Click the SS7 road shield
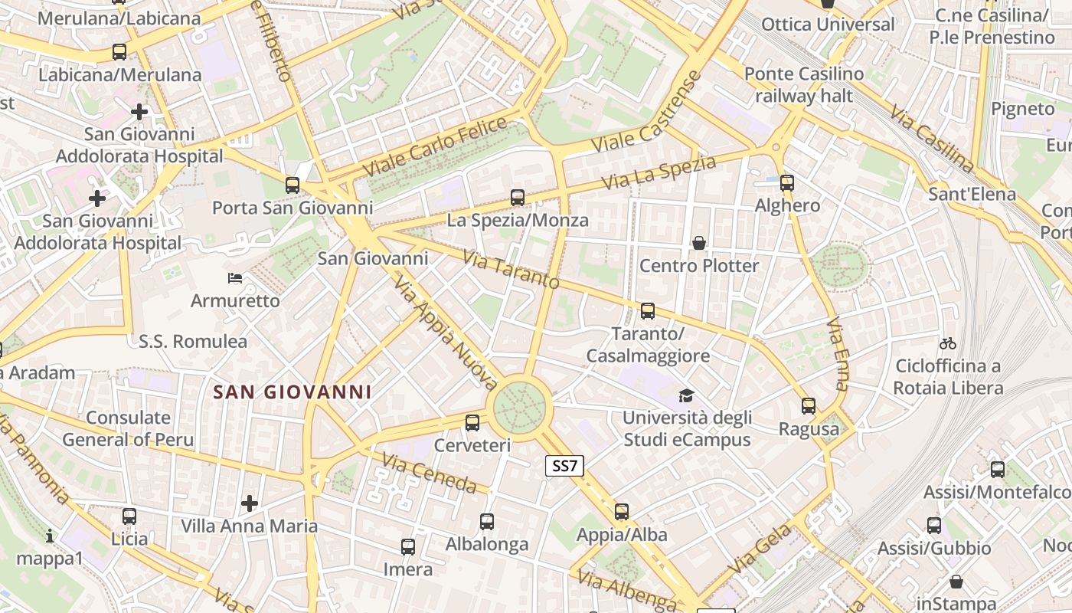click(x=564, y=465)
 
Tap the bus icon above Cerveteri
click(x=472, y=422)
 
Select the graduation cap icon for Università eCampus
click(x=686, y=395)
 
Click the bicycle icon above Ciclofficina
click(x=948, y=343)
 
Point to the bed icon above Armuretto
click(x=235, y=277)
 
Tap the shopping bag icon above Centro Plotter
click(x=699, y=243)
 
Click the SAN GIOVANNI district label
click(x=292, y=392)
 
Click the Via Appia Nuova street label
click(x=446, y=334)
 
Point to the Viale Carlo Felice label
click(x=434, y=146)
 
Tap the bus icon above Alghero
click(x=787, y=183)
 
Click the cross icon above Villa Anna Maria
click(x=250, y=503)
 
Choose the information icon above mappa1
click(x=50, y=536)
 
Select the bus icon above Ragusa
click(x=809, y=406)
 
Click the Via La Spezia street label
click(x=659, y=173)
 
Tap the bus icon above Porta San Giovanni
click(x=293, y=185)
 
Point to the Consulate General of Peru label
click(x=128, y=428)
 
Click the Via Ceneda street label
click(x=430, y=474)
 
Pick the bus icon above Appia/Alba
click(x=622, y=511)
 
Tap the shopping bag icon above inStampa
click(x=956, y=582)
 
